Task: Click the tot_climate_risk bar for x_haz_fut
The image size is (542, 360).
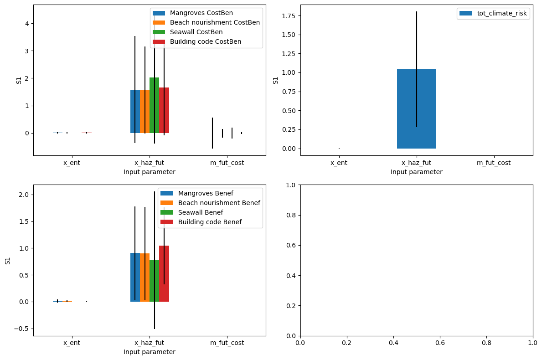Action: click(416, 109)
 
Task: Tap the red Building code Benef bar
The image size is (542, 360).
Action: click(164, 273)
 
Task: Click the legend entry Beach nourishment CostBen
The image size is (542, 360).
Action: click(214, 22)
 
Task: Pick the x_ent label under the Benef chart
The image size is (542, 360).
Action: click(72, 343)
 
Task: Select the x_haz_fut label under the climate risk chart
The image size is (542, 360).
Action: click(416, 163)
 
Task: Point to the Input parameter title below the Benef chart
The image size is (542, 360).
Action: click(149, 352)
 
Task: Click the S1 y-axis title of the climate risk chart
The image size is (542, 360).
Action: click(275, 81)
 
